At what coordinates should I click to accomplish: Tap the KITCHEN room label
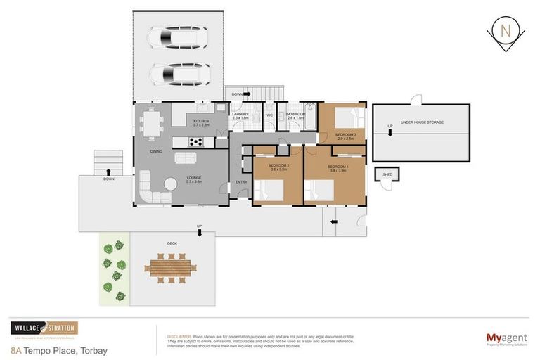pos(202,121)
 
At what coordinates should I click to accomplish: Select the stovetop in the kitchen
pos(196,141)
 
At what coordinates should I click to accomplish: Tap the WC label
pos(269,116)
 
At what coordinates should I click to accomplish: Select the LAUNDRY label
pos(241,114)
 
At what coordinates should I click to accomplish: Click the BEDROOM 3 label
pos(345,134)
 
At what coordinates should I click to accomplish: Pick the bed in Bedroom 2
pos(269,190)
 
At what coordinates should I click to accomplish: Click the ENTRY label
pos(241,181)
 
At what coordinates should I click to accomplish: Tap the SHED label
pos(387,174)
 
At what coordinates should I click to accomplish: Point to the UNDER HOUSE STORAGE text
pos(422,122)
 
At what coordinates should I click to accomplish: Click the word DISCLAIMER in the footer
pos(177,336)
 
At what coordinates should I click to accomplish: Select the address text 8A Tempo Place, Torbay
pos(59,349)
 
